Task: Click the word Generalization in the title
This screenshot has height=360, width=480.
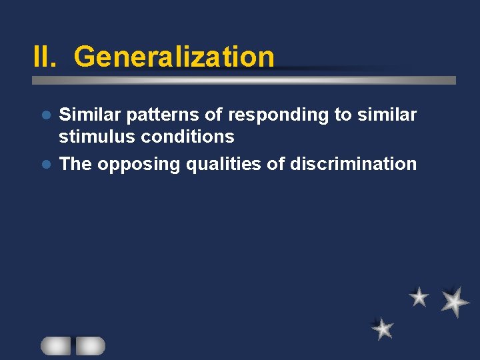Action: pyautogui.click(x=174, y=57)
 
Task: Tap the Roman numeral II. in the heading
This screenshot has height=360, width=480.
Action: pyautogui.click(x=47, y=57)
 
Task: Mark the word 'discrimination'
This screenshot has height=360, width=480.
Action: pyautogui.click(x=353, y=164)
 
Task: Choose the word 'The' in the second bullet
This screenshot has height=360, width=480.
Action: pyautogui.click(x=75, y=164)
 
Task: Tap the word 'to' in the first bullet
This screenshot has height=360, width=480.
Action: pyautogui.click(x=343, y=115)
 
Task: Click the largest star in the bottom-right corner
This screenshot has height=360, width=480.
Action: pyautogui.click(x=455, y=301)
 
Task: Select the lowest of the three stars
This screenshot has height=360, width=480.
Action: pyautogui.click(x=383, y=328)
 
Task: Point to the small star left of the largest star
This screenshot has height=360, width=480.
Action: pyautogui.click(x=419, y=297)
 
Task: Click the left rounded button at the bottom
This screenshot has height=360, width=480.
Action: pyautogui.click(x=56, y=345)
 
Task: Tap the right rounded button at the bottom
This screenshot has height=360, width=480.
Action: pyautogui.click(x=90, y=345)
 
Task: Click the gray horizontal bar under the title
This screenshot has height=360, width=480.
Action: pyautogui.click(x=244, y=80)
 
